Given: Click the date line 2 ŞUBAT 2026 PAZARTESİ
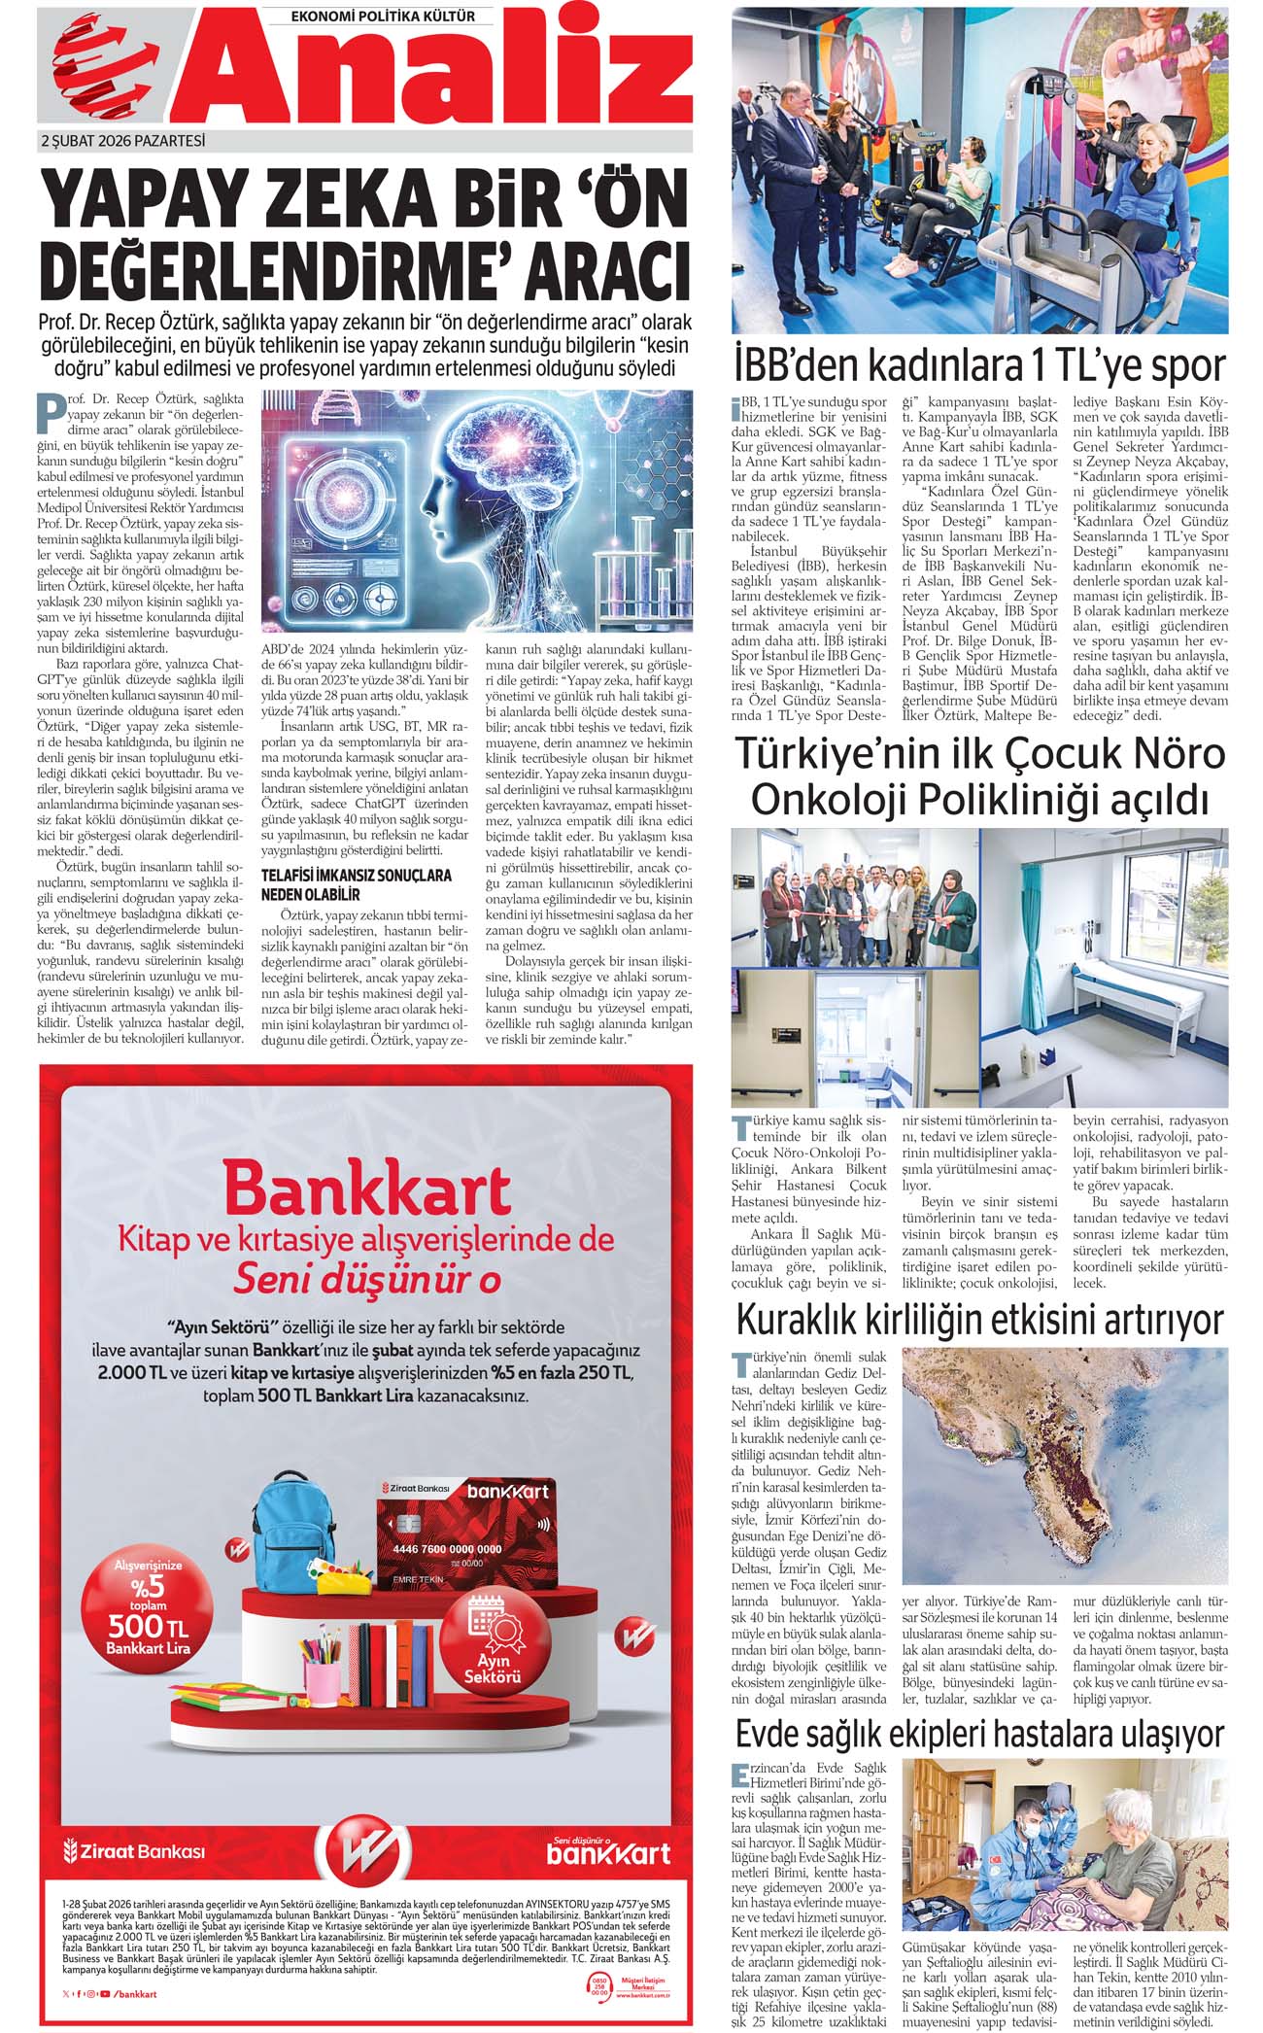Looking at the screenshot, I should coord(122,141).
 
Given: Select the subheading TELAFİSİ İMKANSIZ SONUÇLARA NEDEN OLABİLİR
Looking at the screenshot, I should coord(356,884).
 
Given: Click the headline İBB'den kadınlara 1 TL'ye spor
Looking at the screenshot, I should coord(979,366).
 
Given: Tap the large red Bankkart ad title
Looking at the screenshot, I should coord(366,1189).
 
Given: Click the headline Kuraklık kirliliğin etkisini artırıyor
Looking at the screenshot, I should coord(979,1320).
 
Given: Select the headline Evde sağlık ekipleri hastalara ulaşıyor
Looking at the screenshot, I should coord(979,1734).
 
